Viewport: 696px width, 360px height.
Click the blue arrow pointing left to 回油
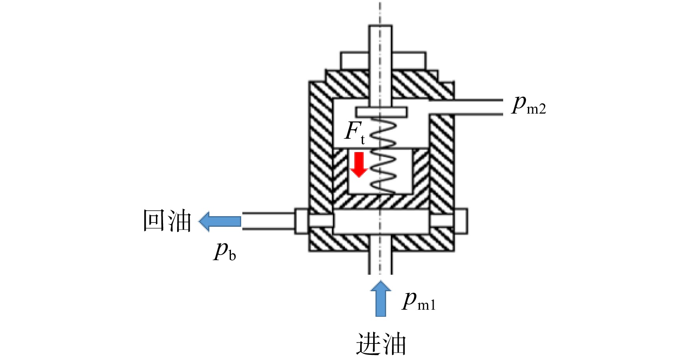220,221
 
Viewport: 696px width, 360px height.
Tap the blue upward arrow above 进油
381,298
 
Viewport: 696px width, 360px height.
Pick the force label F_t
355,132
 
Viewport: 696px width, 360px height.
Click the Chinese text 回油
167,220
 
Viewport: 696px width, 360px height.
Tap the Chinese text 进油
381,344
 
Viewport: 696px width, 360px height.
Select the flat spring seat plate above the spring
381,112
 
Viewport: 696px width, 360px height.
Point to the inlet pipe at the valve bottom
380,263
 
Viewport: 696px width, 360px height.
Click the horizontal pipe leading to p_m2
466,107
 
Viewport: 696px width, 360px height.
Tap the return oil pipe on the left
269,221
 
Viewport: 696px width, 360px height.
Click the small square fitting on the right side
461,220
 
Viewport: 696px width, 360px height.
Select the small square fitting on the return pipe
302,221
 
